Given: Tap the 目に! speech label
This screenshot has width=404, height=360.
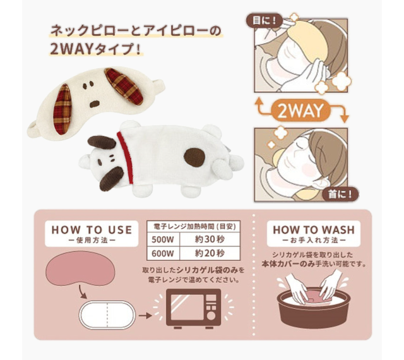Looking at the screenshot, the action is click(x=264, y=20).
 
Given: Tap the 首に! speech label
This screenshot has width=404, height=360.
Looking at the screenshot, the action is click(x=340, y=194).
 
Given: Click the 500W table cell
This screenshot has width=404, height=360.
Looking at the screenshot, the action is click(x=163, y=239).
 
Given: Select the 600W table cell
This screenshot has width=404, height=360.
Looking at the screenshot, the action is click(x=163, y=253).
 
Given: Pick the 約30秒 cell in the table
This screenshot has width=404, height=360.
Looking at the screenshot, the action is click(x=210, y=239).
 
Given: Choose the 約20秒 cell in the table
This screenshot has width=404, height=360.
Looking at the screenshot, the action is click(x=210, y=253).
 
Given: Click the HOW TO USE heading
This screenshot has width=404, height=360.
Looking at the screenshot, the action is click(x=92, y=234).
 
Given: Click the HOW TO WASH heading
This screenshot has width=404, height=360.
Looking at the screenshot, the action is click(x=314, y=234).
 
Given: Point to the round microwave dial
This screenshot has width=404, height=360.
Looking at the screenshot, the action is click(x=211, y=316).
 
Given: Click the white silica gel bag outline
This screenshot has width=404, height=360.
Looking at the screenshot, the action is click(x=107, y=315).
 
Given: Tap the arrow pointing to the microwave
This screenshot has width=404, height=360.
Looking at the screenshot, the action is click(x=145, y=315).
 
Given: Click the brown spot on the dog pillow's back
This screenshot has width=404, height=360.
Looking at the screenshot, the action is click(x=194, y=157).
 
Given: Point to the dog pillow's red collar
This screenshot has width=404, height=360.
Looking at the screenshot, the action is click(x=126, y=157).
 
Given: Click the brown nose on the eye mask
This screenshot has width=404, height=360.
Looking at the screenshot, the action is click(x=94, y=104).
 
